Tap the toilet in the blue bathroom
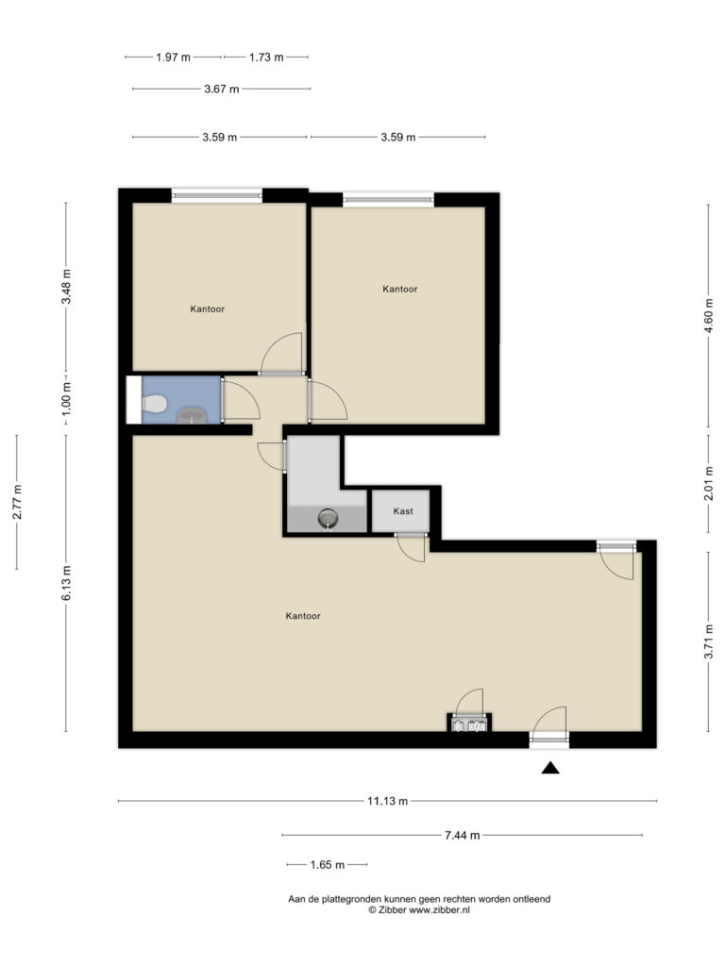tap(153, 405)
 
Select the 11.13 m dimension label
tap(387, 802)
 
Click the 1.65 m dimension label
tap(327, 864)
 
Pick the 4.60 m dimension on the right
tap(709, 312)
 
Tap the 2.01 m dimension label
tap(709, 484)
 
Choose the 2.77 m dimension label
tap(17, 502)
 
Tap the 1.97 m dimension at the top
tap(173, 57)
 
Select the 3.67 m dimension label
tap(221, 89)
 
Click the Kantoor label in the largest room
tap(303, 616)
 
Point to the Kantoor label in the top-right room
tap(399, 290)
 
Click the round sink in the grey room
tap(328, 518)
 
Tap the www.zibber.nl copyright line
tap(419, 910)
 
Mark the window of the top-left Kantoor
tap(216, 195)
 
